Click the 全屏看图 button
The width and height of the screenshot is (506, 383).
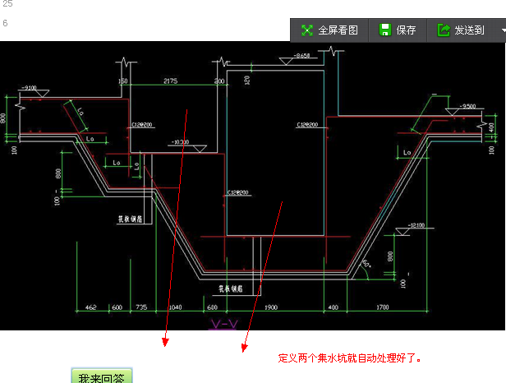click(329, 30)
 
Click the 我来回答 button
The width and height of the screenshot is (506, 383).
click(101, 377)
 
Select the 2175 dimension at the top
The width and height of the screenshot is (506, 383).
click(171, 81)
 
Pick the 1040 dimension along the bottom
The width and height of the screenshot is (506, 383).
click(175, 307)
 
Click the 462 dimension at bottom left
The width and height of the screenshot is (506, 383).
click(90, 307)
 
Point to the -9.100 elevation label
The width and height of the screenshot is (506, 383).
click(30, 87)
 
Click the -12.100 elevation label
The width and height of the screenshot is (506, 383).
click(415, 224)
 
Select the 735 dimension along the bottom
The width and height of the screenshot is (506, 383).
click(140, 307)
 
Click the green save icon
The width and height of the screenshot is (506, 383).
click(384, 30)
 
